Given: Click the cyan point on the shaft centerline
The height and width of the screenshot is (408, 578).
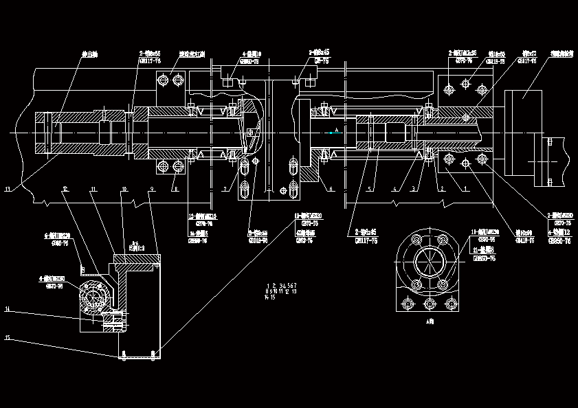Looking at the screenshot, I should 331,133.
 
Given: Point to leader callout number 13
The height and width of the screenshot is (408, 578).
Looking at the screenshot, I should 8,188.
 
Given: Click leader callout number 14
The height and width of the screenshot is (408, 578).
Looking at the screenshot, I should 8,310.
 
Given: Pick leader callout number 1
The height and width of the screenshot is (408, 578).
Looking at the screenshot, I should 466,188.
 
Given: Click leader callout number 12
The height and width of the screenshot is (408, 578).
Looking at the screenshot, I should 65,188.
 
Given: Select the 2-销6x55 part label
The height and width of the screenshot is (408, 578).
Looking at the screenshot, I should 150,53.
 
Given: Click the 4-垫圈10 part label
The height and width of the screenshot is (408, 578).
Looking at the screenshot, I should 251,54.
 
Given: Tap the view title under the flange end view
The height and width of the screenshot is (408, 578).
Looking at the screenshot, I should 431,321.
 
